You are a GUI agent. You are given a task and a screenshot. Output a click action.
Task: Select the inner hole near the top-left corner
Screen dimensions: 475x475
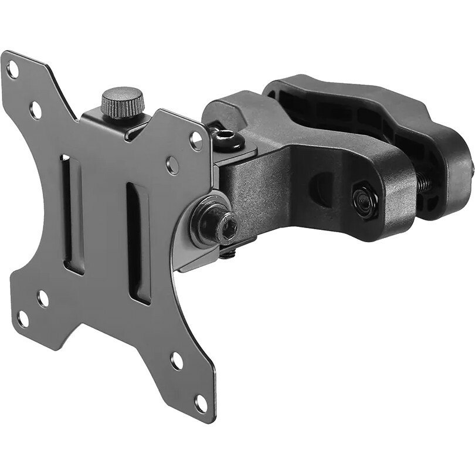click(36, 108)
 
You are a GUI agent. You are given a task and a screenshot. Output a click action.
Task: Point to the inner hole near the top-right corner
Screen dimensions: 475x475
click(172, 165)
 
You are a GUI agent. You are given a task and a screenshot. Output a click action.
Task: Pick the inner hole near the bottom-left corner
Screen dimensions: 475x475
click(43, 298)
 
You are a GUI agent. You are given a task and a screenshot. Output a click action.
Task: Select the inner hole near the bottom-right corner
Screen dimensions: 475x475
click(176, 361)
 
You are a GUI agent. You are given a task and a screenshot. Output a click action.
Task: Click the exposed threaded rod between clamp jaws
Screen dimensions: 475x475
click(426, 184)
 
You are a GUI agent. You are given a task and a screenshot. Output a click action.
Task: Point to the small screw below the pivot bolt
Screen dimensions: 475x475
click(230, 253)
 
